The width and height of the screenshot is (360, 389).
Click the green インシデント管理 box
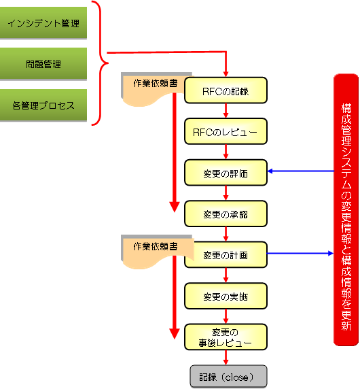43,23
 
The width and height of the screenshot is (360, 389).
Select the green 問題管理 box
43,64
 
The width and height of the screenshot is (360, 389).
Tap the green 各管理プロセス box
43,105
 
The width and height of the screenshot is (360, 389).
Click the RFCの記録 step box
226,90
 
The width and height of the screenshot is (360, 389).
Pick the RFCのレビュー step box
226,131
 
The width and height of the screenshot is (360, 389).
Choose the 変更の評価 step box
226,173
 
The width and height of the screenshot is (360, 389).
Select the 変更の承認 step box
226,214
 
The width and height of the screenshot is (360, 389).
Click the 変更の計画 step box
226,254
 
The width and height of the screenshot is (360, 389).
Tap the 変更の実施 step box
226,296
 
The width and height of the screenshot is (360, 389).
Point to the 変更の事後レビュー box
226,337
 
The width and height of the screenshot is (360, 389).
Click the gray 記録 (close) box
228,376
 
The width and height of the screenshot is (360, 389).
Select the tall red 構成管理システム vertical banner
346,209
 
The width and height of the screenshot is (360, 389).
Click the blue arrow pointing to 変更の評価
301,171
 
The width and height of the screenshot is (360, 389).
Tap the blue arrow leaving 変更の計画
300,253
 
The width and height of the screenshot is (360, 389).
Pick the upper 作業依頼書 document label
156,84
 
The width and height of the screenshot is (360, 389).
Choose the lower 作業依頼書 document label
156,246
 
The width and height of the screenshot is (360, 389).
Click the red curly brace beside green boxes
100,63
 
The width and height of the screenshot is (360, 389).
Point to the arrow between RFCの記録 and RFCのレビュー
226,111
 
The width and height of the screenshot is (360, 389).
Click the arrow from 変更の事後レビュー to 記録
226,358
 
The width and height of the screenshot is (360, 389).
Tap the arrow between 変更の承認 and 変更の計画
226,234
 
